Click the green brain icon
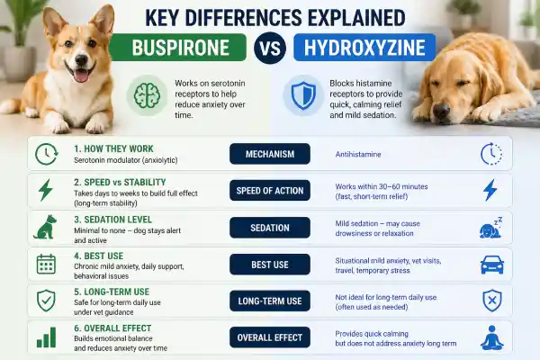(x=144, y=94)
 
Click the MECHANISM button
(x=270, y=154)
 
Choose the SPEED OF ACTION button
(x=270, y=191)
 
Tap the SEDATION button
(x=270, y=228)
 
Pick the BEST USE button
(x=270, y=265)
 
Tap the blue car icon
(x=490, y=265)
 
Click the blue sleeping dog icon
(x=490, y=228)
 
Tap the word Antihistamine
(x=360, y=154)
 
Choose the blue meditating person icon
(x=490, y=338)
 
